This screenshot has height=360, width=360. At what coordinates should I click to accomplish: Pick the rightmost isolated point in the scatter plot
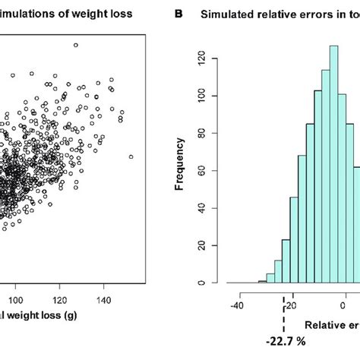tap(131, 156)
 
